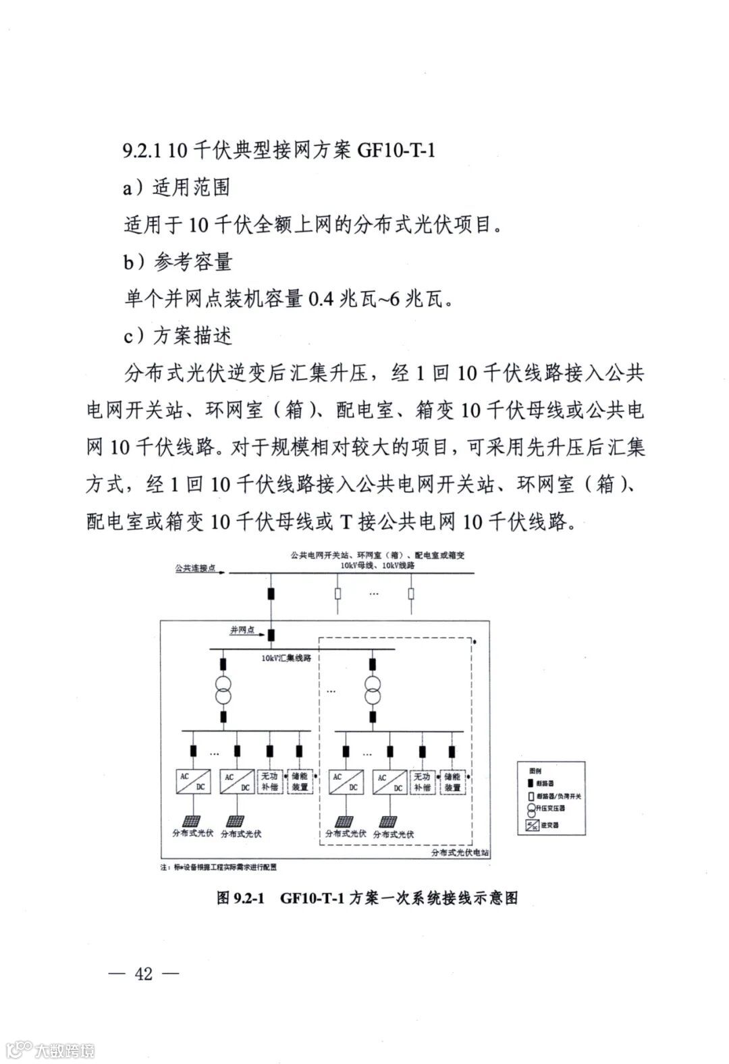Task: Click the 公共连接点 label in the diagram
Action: coord(195,568)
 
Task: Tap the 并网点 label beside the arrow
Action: coord(242,630)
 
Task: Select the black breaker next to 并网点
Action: coord(271,635)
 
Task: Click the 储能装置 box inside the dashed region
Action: coord(452,782)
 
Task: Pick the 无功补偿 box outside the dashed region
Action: coord(269,782)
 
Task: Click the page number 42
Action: coord(144,974)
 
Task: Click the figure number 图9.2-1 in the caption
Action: coord(242,898)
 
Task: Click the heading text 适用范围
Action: coord(192,187)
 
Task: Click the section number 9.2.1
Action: coord(142,150)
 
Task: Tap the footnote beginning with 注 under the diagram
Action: coord(218,868)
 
